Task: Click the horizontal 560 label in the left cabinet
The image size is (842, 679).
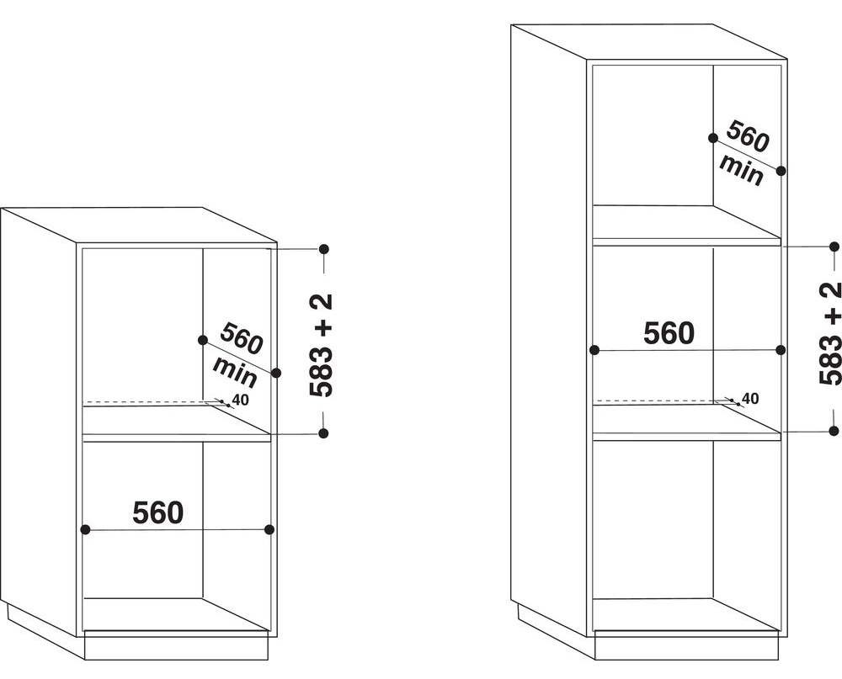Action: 158,512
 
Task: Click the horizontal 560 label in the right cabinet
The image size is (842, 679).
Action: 669,333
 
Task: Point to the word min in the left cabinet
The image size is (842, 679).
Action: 236,371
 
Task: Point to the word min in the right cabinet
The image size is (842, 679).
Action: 742,170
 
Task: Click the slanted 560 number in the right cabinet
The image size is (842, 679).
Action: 748,136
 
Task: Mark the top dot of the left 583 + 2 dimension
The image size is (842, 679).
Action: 323,249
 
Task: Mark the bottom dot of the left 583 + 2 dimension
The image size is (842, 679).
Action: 323,418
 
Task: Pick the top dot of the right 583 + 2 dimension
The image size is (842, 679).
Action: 834,247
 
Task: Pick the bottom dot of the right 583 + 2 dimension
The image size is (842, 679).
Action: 834,416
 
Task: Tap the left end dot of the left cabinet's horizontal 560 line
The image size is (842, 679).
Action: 85,530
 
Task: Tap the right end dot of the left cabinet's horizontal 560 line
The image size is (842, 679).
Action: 269,530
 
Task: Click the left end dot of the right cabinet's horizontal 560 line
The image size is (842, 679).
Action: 594,350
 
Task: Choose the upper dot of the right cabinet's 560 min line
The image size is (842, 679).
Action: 713,138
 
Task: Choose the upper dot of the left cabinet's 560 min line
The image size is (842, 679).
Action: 202,340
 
